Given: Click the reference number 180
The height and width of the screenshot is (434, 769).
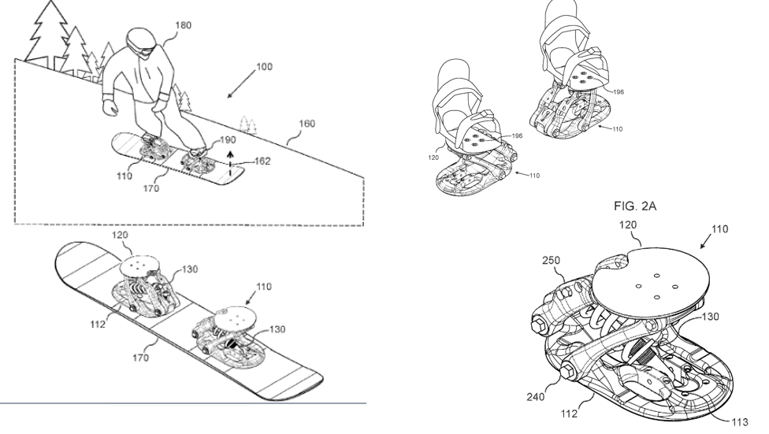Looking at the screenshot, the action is coord(183,25).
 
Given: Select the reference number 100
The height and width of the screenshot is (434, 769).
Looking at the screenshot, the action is coord(264,67).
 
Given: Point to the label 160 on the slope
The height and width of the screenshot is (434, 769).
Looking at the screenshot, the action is coord(306,124).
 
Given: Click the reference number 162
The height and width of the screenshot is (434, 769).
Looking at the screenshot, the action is coord(262,161).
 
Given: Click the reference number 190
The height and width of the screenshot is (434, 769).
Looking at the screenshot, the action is coord(228,139).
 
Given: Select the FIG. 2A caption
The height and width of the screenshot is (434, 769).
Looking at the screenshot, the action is coord(634,206).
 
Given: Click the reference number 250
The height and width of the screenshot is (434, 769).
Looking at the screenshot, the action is coord(552,261).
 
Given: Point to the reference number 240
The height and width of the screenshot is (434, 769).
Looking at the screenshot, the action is coord(536,397).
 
